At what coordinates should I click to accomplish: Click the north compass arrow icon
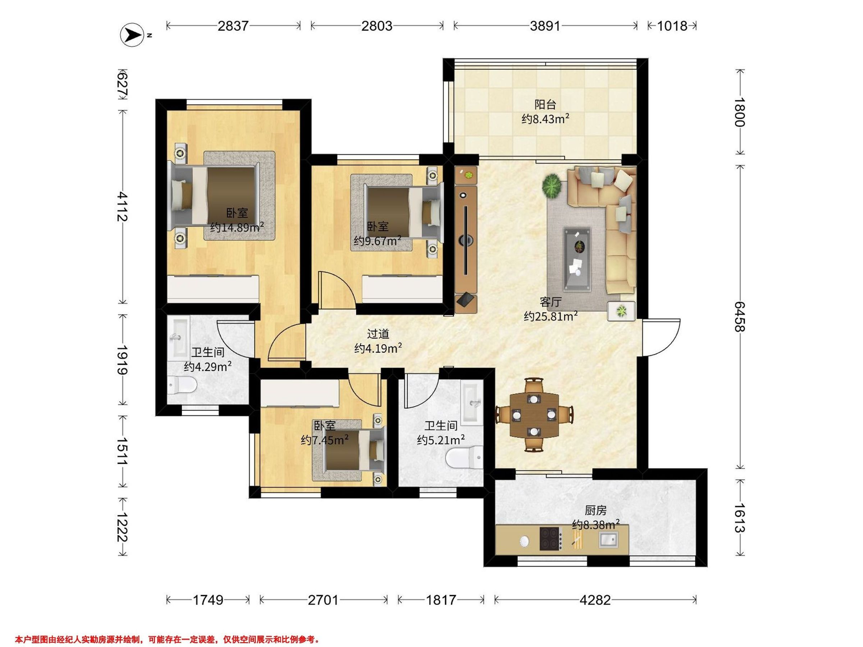pos(132,36)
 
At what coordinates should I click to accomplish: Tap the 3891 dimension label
pos(545,26)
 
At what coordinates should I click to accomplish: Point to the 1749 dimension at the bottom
pos(208,600)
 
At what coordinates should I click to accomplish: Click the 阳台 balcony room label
pos(545,105)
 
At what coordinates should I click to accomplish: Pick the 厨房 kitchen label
pos(595,510)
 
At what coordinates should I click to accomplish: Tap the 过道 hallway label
pos(378,334)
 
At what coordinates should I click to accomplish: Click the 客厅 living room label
pos(551,302)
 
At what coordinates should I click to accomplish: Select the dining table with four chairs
pos(534,414)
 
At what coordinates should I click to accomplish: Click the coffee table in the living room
pos(577,260)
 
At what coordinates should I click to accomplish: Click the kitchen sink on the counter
pos(609,540)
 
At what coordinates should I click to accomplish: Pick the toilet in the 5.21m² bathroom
pos(465,458)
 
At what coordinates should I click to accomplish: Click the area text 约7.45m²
pos(325,440)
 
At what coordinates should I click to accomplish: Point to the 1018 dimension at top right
pos(672,26)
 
